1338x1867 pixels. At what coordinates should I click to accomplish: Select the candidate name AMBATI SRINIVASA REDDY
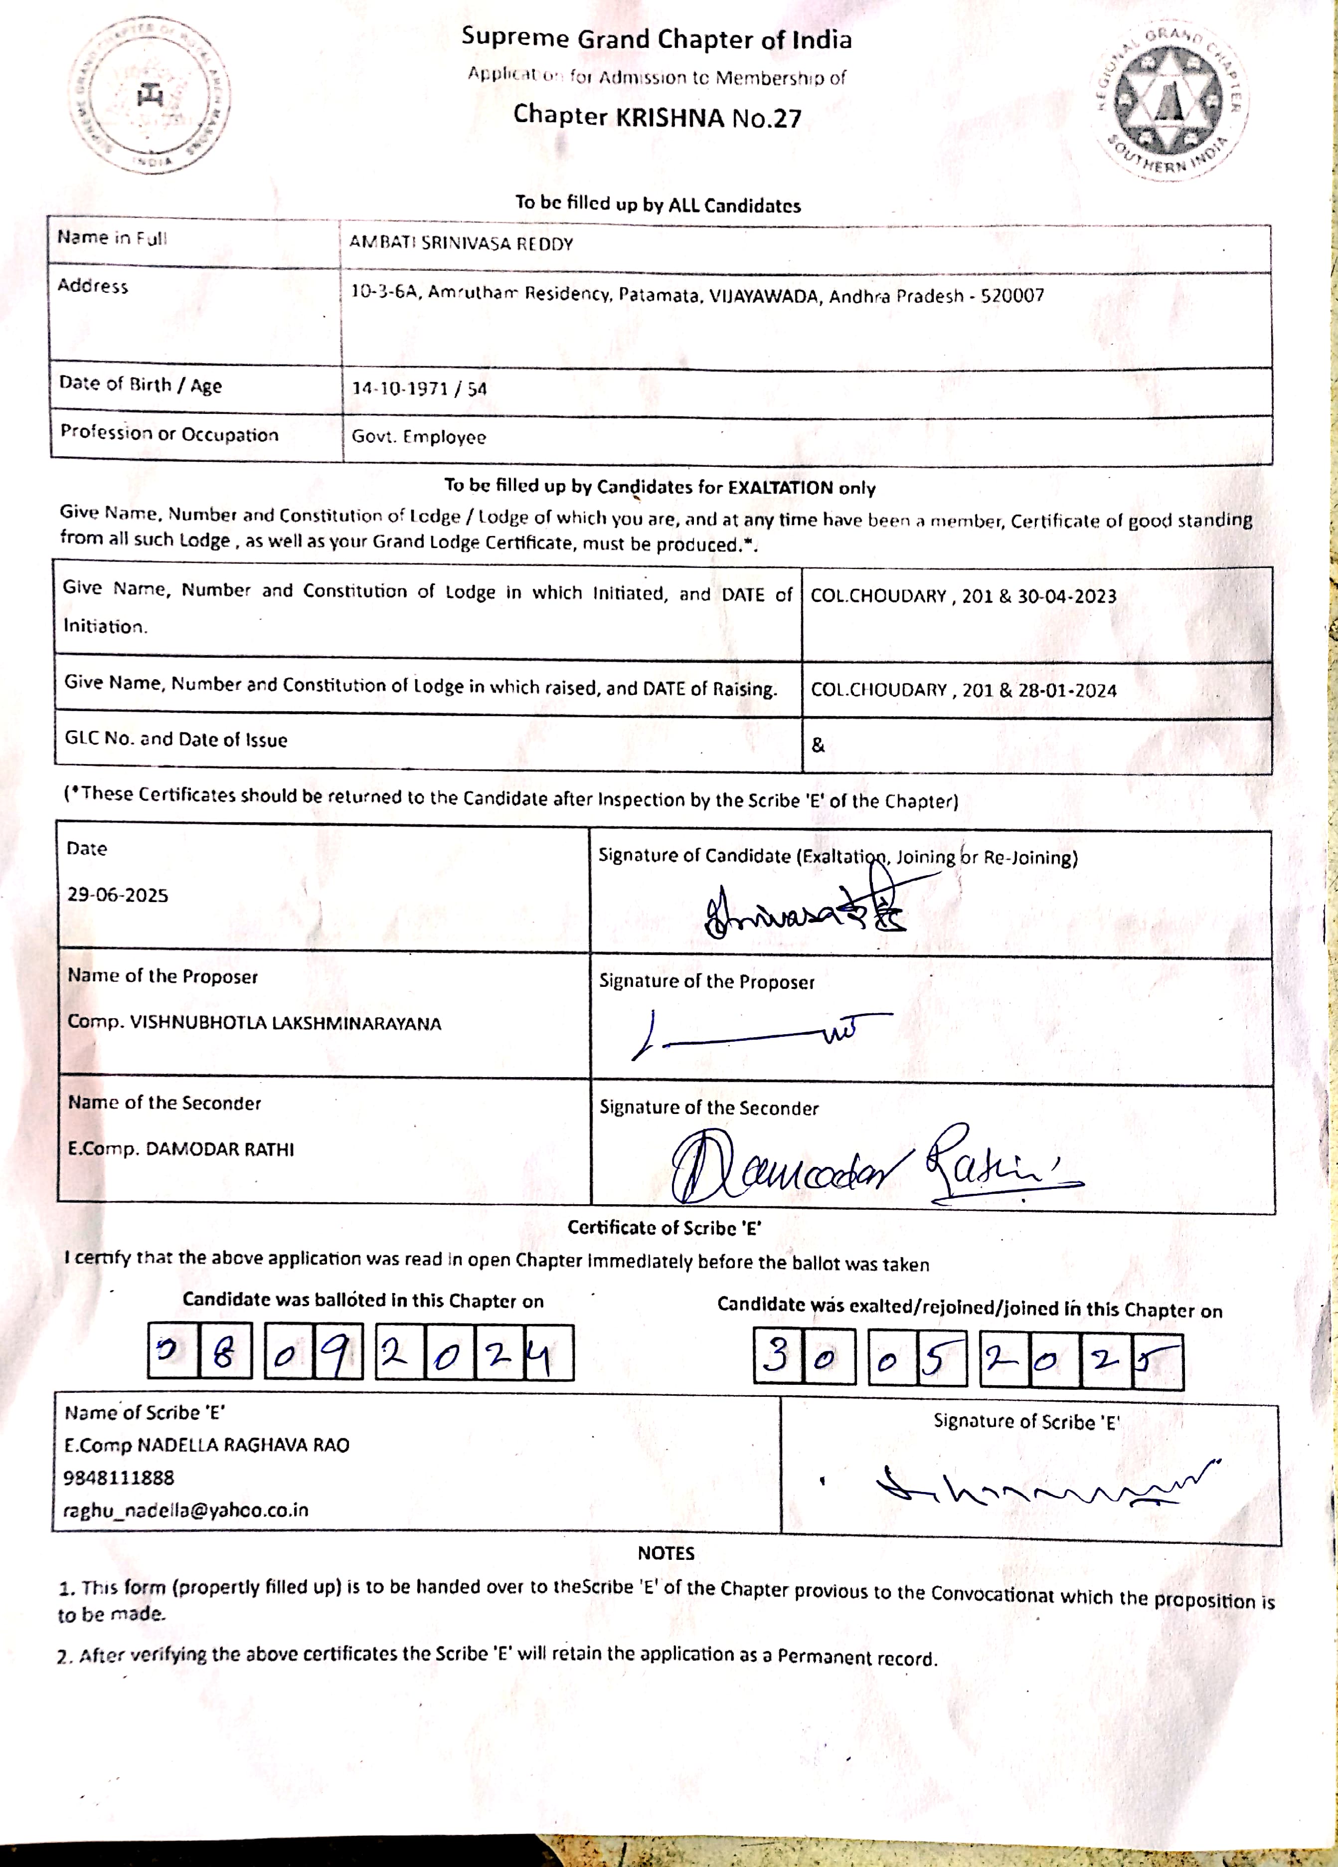tap(461, 244)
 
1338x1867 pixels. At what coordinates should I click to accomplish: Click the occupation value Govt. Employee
tap(418, 437)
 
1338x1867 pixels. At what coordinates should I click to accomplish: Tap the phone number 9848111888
tap(119, 1478)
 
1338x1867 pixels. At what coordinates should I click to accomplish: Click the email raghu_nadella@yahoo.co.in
tap(186, 1510)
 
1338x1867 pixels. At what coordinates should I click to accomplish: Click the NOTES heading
tap(666, 1553)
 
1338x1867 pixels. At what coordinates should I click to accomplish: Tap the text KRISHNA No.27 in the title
tap(708, 118)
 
